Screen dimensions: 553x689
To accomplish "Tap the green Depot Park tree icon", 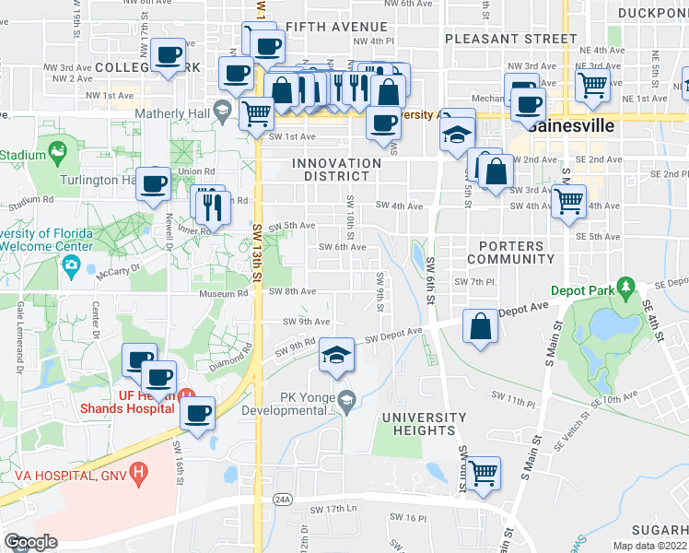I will tap(627, 288).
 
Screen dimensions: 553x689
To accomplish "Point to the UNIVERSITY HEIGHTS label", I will tap(418, 423).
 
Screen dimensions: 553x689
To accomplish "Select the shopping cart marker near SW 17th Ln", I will tap(483, 474).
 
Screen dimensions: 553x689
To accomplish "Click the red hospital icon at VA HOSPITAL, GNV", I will tap(138, 475).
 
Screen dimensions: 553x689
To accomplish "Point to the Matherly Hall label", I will tap(170, 114).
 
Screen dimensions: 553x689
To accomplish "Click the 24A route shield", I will tap(282, 500).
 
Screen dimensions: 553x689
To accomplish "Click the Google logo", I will tap(30, 542).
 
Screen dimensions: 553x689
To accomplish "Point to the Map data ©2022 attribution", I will tap(648, 546).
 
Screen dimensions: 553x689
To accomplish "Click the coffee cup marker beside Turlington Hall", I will tap(153, 182).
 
